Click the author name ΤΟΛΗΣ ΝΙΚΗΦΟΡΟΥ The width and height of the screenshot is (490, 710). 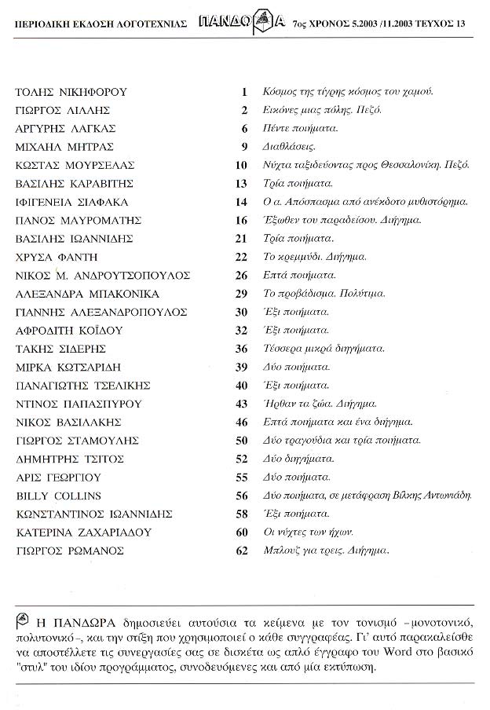[71, 92]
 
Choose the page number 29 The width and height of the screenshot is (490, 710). [242, 294]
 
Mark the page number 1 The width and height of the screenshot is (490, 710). [244, 92]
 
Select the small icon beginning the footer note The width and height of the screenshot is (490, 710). [22, 615]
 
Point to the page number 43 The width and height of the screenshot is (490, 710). [242, 404]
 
